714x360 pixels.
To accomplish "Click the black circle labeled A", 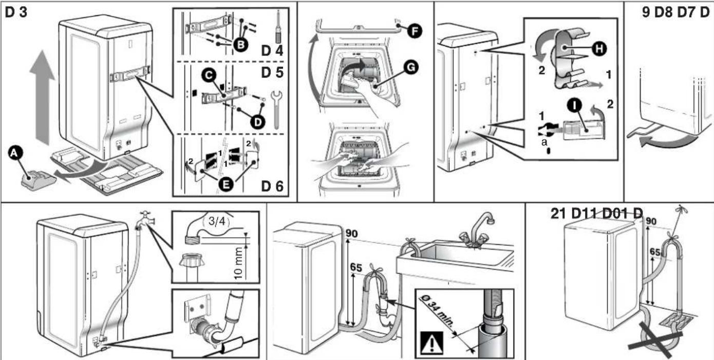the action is point(15,153).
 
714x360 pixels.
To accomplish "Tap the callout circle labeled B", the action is point(241,45).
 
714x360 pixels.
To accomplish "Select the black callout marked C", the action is point(209,75).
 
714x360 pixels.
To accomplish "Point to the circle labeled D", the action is point(257,122).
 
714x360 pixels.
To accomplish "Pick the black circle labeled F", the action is point(415,31).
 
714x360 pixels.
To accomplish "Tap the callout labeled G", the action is point(411,67).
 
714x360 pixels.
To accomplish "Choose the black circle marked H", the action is point(599,49).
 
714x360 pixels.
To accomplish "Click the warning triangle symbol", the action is point(432,344).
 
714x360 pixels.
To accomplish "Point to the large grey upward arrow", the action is point(42,97).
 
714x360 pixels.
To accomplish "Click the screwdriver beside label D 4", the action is point(278,27).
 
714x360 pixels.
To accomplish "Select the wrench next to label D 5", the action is point(276,109).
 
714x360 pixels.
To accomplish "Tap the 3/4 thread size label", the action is point(217,221).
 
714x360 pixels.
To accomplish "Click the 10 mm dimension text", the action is point(238,264).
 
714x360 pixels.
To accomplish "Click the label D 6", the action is point(272,186).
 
